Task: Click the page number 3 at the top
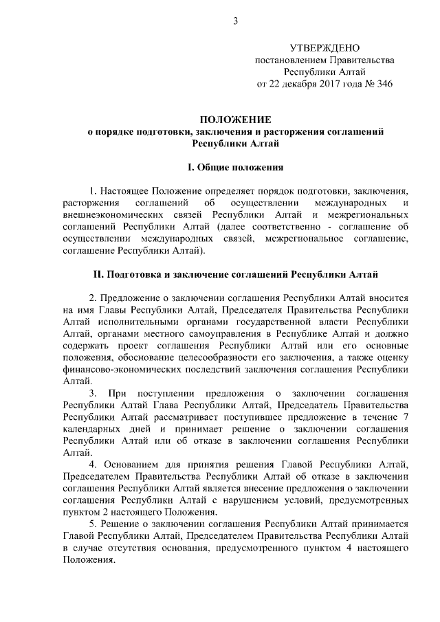(235, 21)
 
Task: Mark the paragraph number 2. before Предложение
(93, 298)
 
